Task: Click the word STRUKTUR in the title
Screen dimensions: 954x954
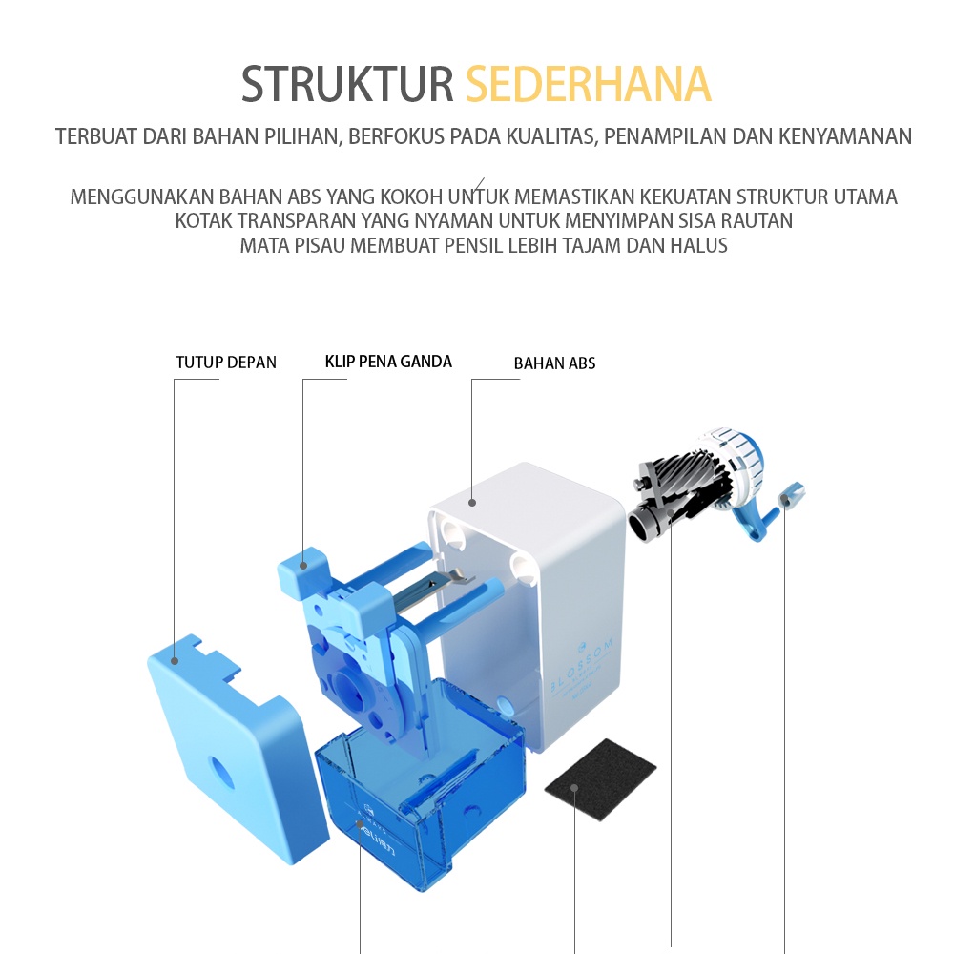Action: tap(347, 85)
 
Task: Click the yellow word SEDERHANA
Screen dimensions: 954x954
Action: tap(588, 85)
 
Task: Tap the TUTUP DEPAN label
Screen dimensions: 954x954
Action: tap(226, 363)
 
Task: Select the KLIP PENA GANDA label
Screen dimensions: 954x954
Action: tap(388, 362)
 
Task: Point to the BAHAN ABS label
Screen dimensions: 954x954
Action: tap(554, 363)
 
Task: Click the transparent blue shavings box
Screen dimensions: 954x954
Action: tap(420, 811)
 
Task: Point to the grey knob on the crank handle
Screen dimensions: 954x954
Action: tap(792, 495)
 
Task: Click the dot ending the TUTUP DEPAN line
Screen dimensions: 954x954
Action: tap(175, 660)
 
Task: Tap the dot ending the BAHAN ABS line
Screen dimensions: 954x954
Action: tap(472, 501)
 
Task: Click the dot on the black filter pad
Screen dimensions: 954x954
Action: tap(575, 789)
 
